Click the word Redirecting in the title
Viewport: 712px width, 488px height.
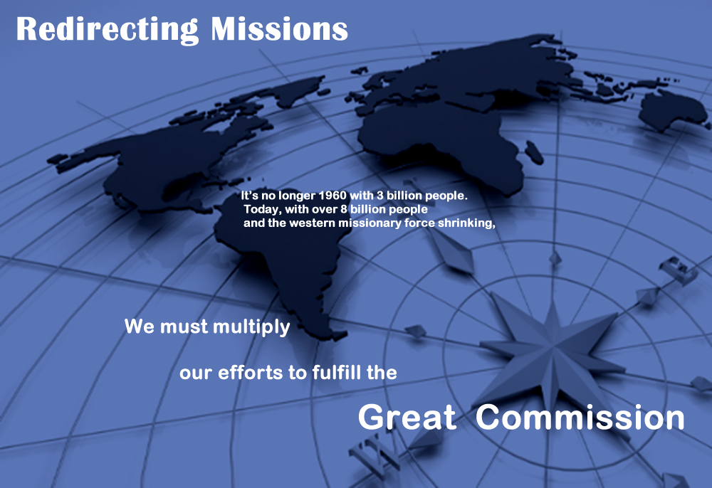(108, 30)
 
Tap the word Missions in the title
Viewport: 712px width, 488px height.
(279, 29)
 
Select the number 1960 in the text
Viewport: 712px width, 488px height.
(333, 196)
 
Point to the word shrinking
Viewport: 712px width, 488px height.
(466, 223)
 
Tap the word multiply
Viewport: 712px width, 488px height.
(251, 327)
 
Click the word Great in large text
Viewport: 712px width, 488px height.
(407, 417)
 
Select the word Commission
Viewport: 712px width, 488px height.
(580, 417)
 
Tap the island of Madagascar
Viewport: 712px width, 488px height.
(534, 152)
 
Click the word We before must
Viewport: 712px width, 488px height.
(140, 327)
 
